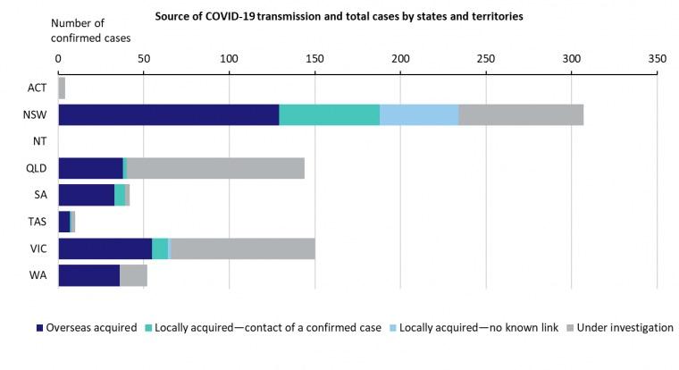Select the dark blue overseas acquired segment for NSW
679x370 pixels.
pos(168,114)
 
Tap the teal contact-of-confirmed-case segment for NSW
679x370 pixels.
pos(329,114)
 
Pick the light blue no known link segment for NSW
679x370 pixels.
pos(419,114)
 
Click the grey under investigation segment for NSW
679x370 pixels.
pos(521,114)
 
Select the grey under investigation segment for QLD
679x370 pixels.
pos(215,168)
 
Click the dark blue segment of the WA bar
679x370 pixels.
pos(88,275)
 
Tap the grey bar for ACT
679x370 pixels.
pos(62,88)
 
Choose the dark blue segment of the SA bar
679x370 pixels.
pos(86,195)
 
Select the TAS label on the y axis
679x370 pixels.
pos(37,222)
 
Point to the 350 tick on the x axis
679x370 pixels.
pos(657,58)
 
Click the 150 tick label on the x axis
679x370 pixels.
pos(314,58)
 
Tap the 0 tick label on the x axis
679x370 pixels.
pos(58,58)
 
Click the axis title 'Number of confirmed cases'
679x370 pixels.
pos(89,30)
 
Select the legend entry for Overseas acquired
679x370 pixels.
pos(88,328)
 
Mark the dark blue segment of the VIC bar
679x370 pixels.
pos(105,248)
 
